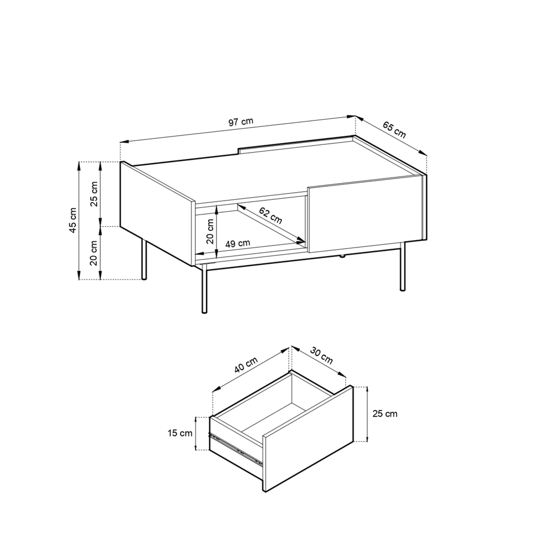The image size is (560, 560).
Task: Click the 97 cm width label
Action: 241,121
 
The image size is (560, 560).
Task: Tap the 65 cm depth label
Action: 394,129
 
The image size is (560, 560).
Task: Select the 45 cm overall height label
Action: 73,220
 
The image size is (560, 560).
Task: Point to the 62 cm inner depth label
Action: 270,216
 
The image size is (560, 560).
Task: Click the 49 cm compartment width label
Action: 238,243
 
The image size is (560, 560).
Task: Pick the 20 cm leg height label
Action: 94,253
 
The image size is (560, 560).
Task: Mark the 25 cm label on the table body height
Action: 94,194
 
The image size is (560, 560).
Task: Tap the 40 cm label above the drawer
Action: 246,365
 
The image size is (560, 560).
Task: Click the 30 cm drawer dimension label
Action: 321,355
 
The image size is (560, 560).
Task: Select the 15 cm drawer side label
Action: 180,433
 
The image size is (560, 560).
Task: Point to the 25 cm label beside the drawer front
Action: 385,413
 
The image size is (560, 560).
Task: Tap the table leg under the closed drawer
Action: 402,266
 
